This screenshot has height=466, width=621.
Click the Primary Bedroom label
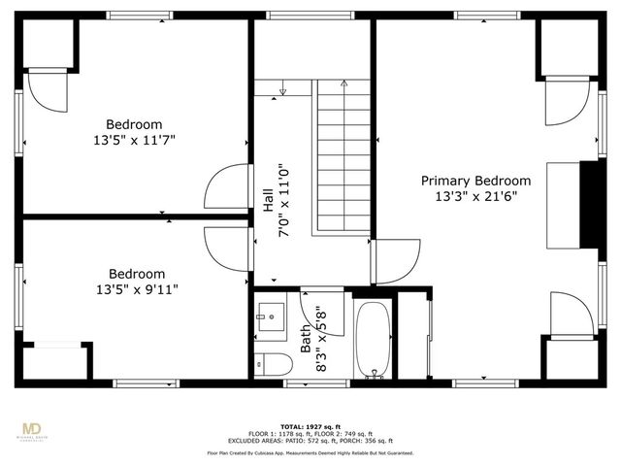475,181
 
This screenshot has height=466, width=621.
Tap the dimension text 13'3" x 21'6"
475,196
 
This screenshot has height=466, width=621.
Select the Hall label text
268,199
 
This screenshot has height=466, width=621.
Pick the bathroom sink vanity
271,317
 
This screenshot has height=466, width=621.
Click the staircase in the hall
341,155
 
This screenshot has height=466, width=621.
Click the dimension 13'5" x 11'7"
134,140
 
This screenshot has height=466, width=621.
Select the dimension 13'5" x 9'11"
136,288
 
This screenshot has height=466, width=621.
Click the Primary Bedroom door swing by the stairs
395,259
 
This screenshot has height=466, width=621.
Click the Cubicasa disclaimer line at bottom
310,452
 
